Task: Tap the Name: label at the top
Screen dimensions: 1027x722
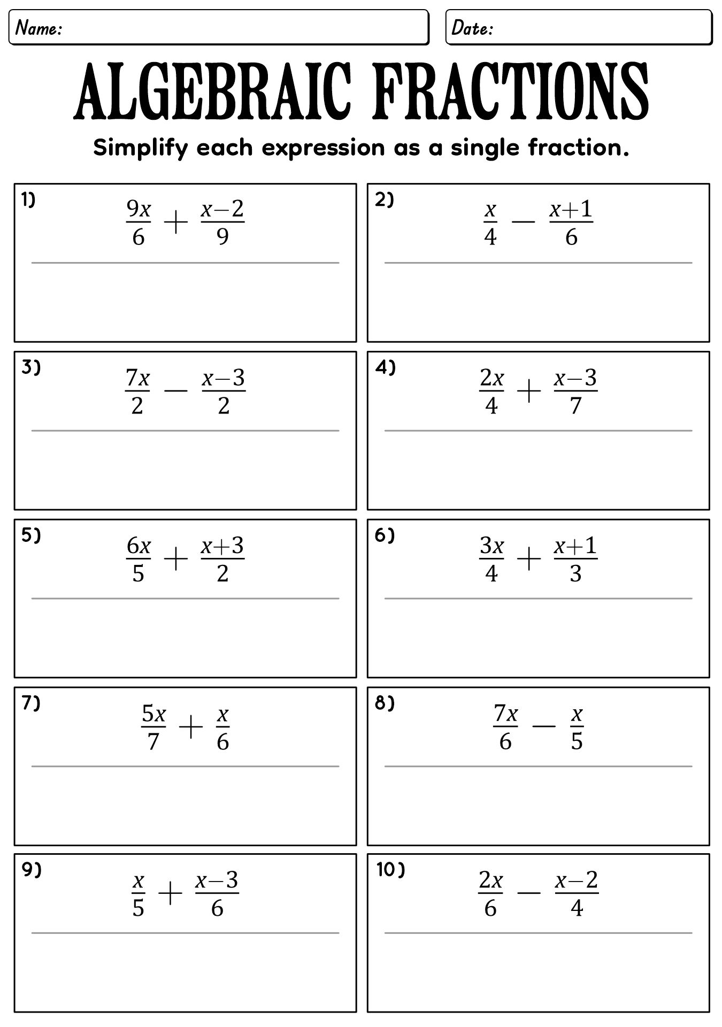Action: (39, 28)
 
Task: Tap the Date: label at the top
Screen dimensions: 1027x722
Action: (472, 28)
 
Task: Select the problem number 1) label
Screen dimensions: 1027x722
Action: (28, 200)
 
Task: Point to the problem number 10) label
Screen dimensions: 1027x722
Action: (391, 870)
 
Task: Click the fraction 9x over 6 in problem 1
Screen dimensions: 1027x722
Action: (138, 223)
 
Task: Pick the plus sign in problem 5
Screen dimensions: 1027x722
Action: (176, 560)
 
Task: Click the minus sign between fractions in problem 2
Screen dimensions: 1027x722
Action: (523, 223)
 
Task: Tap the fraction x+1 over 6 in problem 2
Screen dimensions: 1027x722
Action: (571, 223)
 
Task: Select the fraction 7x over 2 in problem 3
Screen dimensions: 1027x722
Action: (137, 392)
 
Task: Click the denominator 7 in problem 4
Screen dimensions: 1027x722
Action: (575, 407)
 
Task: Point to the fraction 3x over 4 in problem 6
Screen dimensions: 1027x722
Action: (491, 560)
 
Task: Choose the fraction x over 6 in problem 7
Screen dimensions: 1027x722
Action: (223, 727)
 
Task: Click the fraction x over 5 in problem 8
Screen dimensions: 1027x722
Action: (577, 727)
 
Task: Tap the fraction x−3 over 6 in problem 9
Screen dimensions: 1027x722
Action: (217, 894)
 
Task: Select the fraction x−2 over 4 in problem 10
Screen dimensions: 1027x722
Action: (577, 894)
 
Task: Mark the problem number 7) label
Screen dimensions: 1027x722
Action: (31, 703)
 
